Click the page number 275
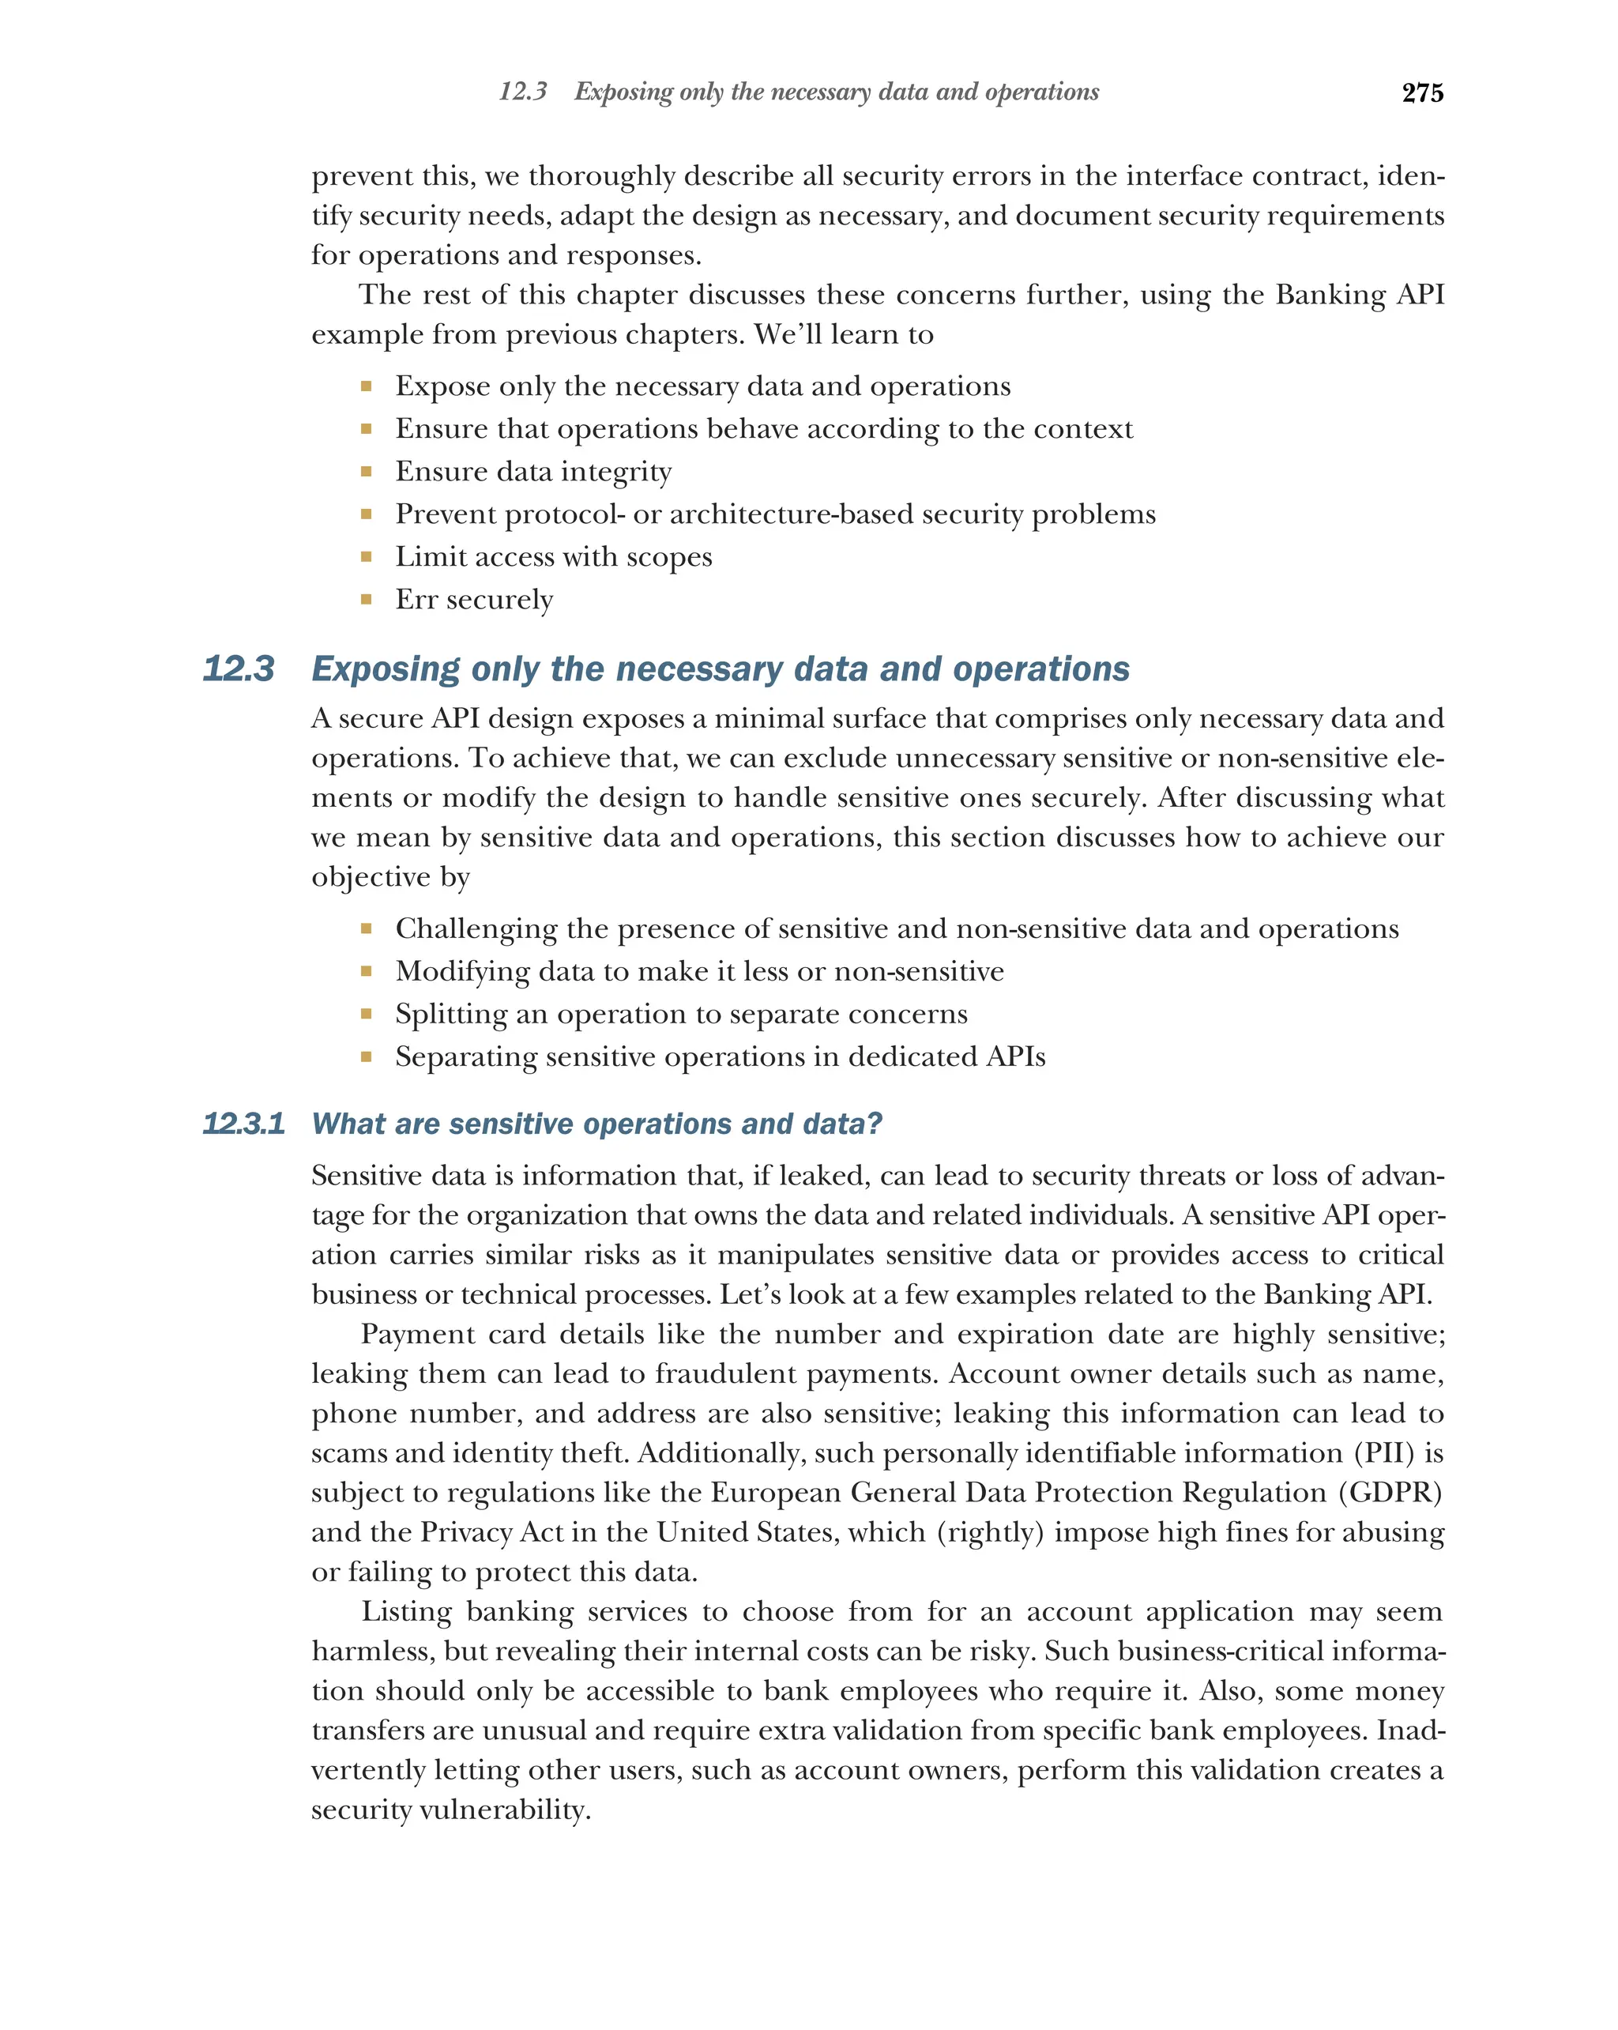(x=1421, y=92)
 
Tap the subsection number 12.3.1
(x=243, y=1124)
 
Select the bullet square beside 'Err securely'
(x=366, y=599)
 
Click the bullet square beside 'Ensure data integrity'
(x=366, y=471)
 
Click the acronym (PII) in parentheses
(x=1383, y=1453)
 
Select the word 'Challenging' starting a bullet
(x=476, y=929)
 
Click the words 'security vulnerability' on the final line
(x=451, y=1809)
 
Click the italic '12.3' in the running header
(x=522, y=92)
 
